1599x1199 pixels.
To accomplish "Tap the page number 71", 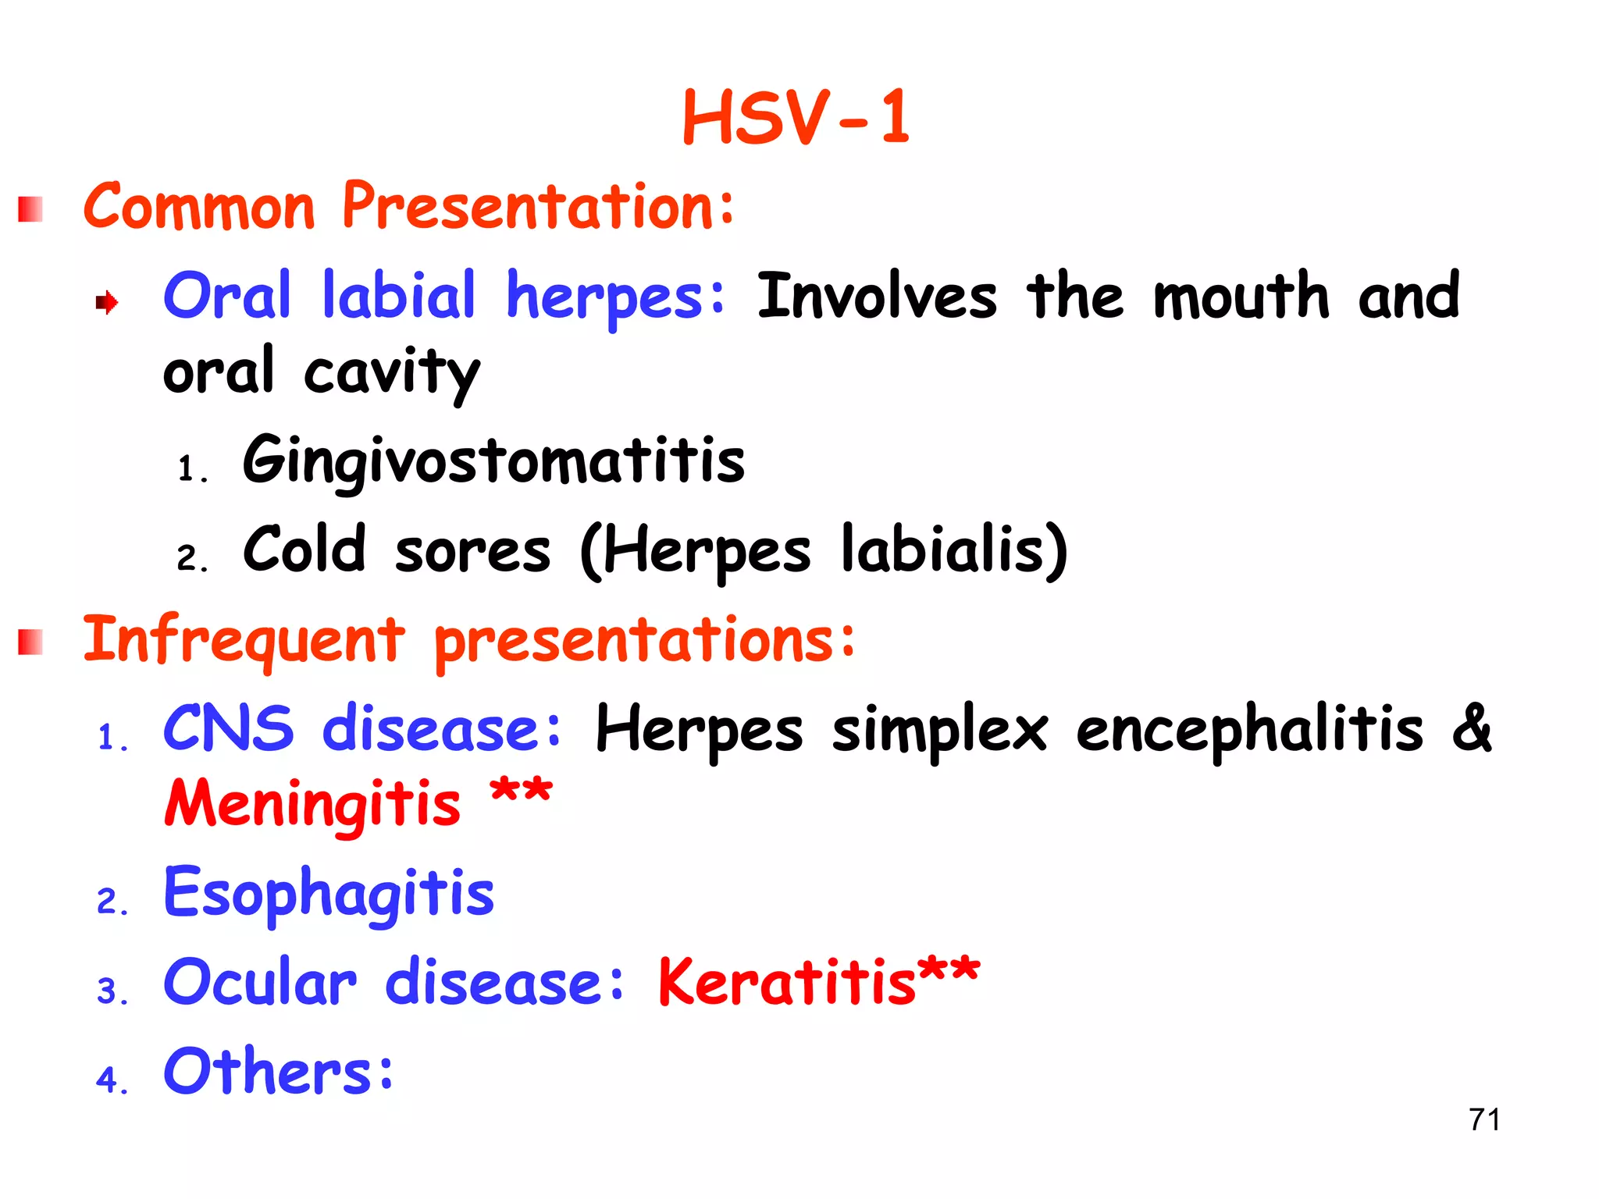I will pos(1484,1119).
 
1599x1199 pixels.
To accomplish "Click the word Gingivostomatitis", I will pos(493,461).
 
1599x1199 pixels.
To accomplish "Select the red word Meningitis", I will pos(312,804).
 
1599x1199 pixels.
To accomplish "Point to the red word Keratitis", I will pos(787,982).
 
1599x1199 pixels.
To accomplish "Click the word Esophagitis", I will pos(329,893).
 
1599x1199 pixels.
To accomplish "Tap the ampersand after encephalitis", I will pos(1472,728).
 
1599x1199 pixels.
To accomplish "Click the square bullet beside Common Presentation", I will pos(30,209).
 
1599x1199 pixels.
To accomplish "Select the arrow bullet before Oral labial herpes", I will pos(106,302).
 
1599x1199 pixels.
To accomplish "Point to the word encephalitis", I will pos(1249,730).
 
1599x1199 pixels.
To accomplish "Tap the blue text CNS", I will pos(228,728).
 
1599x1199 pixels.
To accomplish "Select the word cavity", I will pos(391,373).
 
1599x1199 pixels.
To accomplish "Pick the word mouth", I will pos(1241,297).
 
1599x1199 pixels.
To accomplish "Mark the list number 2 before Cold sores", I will pos(187,559).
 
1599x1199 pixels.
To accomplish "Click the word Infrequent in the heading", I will pos(244,640).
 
